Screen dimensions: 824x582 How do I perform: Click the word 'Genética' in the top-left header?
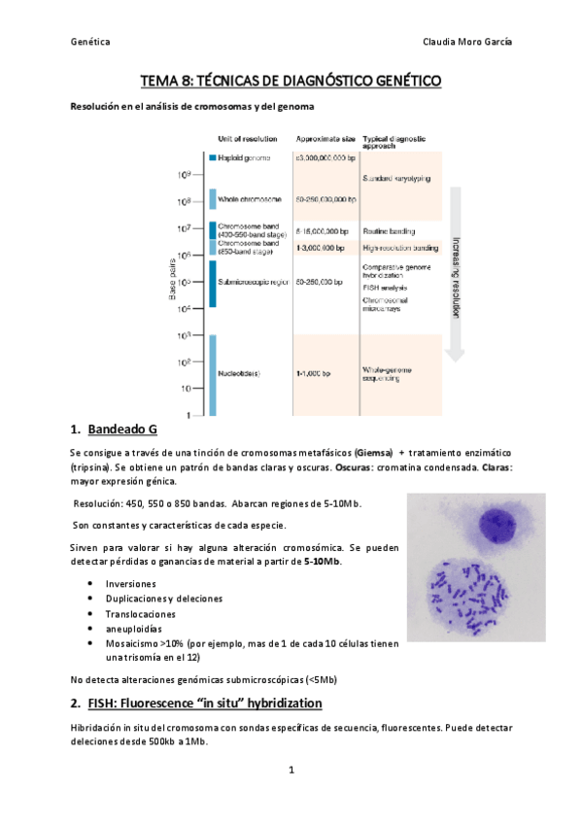(x=90, y=42)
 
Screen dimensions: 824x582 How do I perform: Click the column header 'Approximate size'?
(x=325, y=140)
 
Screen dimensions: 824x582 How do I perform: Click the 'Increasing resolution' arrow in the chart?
(x=455, y=272)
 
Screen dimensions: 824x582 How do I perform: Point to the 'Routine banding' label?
(x=389, y=231)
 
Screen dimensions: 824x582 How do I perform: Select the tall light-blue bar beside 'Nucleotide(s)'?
(x=212, y=374)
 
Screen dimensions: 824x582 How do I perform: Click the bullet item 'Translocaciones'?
(x=141, y=614)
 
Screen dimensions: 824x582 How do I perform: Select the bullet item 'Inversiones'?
(x=131, y=584)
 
